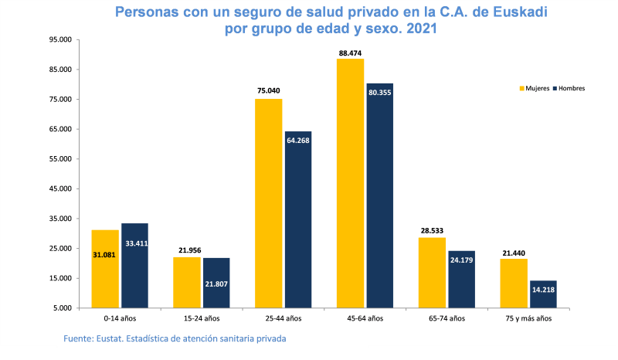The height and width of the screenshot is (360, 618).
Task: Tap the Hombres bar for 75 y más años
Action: tap(543, 294)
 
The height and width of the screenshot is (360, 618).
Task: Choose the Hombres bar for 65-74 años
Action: tap(462, 279)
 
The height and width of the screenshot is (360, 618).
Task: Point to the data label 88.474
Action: tap(351, 53)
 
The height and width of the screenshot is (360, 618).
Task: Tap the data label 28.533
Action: tap(432, 230)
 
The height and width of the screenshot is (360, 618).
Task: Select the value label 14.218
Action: tap(543, 290)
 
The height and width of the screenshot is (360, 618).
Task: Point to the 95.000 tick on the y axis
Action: tap(60, 39)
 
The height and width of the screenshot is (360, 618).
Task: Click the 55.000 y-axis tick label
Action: tap(60, 159)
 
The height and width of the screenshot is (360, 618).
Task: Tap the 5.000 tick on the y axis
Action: tap(63, 308)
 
